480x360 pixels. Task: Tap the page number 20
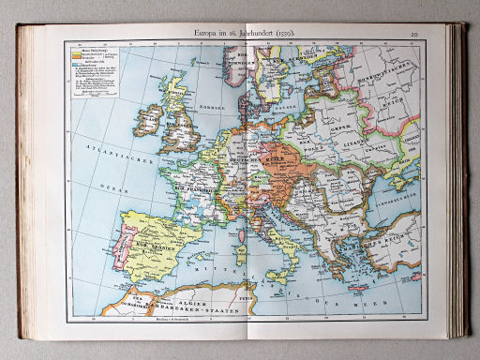(414, 35)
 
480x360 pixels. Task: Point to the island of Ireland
(147, 119)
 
